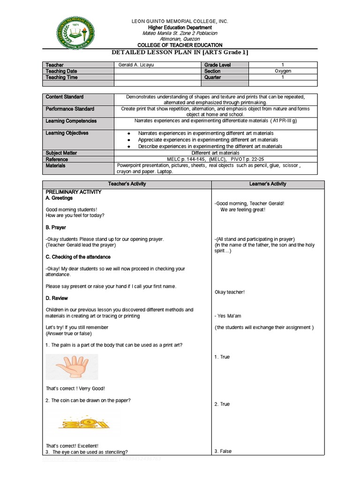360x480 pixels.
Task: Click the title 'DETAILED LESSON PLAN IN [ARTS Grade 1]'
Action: click(180, 52)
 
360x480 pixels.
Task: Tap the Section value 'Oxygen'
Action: click(283, 71)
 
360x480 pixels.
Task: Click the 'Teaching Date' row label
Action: click(61, 71)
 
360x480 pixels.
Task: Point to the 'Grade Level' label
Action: click(217, 65)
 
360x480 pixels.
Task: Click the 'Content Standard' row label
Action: click(64, 97)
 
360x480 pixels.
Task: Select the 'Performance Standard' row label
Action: click(69, 109)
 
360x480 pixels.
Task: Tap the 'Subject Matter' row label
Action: click(61, 153)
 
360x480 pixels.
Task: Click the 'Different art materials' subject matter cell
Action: click(216, 153)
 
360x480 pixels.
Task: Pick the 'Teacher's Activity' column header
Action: click(127, 184)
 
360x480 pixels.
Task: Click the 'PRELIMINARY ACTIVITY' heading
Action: click(73, 192)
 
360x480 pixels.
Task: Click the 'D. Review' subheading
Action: click(56, 298)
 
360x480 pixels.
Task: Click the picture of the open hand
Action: click(71, 367)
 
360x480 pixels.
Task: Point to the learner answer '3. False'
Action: click(223, 451)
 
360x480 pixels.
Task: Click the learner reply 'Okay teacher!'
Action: click(229, 292)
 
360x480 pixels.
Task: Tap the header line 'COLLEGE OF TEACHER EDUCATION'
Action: click(180, 45)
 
